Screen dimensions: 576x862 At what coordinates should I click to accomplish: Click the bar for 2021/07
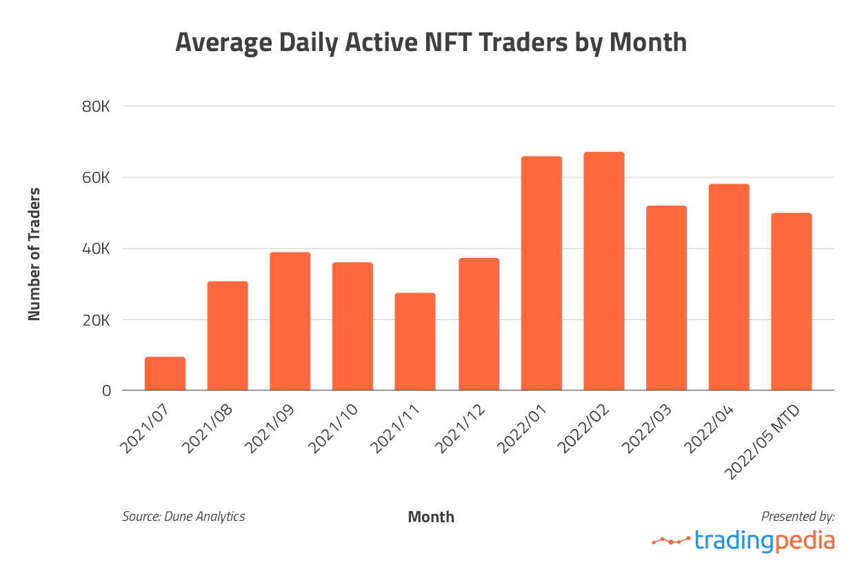[165, 374]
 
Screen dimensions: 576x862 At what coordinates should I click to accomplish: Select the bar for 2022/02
[603, 271]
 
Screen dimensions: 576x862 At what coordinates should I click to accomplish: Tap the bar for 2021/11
[415, 341]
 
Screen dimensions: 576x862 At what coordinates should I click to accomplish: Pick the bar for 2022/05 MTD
[791, 301]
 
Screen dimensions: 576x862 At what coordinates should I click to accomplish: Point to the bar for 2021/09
[290, 321]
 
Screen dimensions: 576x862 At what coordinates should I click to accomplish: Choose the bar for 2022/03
[666, 298]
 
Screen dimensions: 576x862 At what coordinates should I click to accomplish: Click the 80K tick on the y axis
[96, 107]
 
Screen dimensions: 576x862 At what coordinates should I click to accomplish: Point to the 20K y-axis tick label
[96, 320]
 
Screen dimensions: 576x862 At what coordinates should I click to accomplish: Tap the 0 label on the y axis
[106, 391]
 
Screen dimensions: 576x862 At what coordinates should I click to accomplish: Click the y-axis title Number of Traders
[34, 254]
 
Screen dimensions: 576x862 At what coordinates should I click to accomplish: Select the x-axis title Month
[431, 517]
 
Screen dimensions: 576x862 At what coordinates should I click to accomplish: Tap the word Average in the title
[222, 42]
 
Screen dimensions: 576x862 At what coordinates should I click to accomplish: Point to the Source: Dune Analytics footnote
[183, 516]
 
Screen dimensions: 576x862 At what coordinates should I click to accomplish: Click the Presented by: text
[798, 516]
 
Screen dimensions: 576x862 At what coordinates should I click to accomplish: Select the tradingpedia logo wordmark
[765, 540]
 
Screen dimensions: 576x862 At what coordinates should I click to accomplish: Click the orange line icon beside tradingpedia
[671, 540]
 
